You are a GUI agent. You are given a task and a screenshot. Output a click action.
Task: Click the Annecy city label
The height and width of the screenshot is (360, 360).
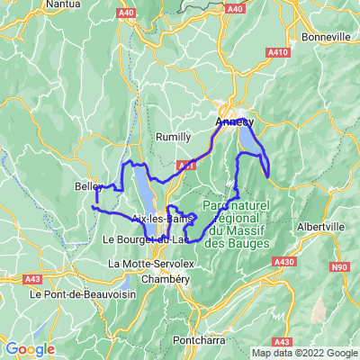coord(235,121)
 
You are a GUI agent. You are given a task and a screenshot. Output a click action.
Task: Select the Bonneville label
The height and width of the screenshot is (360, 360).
coord(327,37)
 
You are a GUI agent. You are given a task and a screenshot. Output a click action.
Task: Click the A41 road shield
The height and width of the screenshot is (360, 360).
coord(185,165)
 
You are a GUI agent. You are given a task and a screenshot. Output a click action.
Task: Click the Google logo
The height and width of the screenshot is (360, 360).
coord(30,349)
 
